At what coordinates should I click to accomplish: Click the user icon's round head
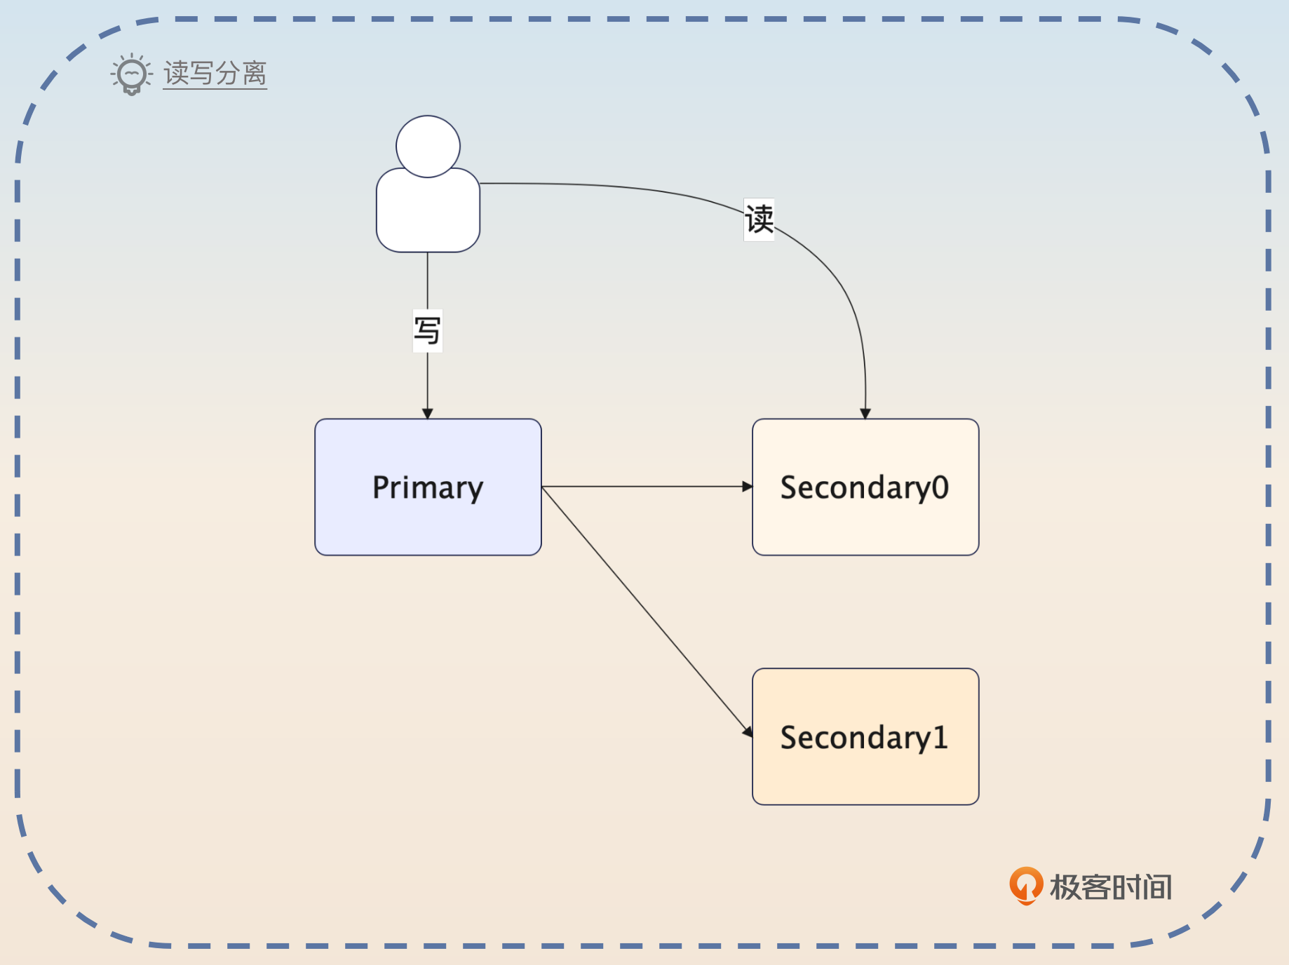pyautogui.click(x=428, y=146)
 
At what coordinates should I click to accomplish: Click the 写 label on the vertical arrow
pyautogui.click(x=428, y=330)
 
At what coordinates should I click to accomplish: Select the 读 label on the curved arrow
pyautogui.click(x=759, y=220)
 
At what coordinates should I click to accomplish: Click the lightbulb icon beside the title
pyautogui.click(x=131, y=74)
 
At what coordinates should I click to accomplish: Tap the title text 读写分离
pyautogui.click(x=215, y=73)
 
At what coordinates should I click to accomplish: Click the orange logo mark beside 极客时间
pyautogui.click(x=1025, y=885)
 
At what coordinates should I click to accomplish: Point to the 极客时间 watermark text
pyautogui.click(x=1111, y=887)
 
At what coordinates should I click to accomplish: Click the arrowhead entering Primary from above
pyautogui.click(x=428, y=414)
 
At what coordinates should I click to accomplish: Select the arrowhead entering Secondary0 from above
pyautogui.click(x=865, y=414)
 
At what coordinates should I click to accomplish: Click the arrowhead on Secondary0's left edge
pyautogui.click(x=748, y=487)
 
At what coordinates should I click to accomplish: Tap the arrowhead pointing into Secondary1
pyautogui.click(x=748, y=731)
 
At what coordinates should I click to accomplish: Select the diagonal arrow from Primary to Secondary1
pyautogui.click(x=645, y=609)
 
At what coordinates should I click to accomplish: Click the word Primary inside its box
pyautogui.click(x=428, y=487)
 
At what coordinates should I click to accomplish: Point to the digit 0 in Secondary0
pyautogui.click(x=940, y=487)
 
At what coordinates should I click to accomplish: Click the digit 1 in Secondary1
pyautogui.click(x=940, y=738)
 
